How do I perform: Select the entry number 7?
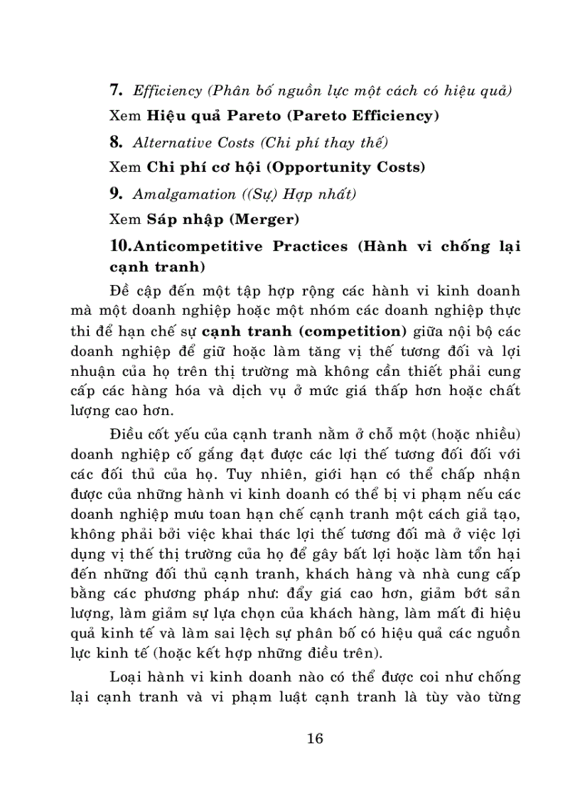point(117,90)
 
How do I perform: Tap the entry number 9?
point(117,193)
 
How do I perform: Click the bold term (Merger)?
point(268,219)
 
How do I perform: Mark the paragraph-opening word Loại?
point(126,675)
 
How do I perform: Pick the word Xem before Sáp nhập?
point(125,219)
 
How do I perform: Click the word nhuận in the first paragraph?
point(96,370)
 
